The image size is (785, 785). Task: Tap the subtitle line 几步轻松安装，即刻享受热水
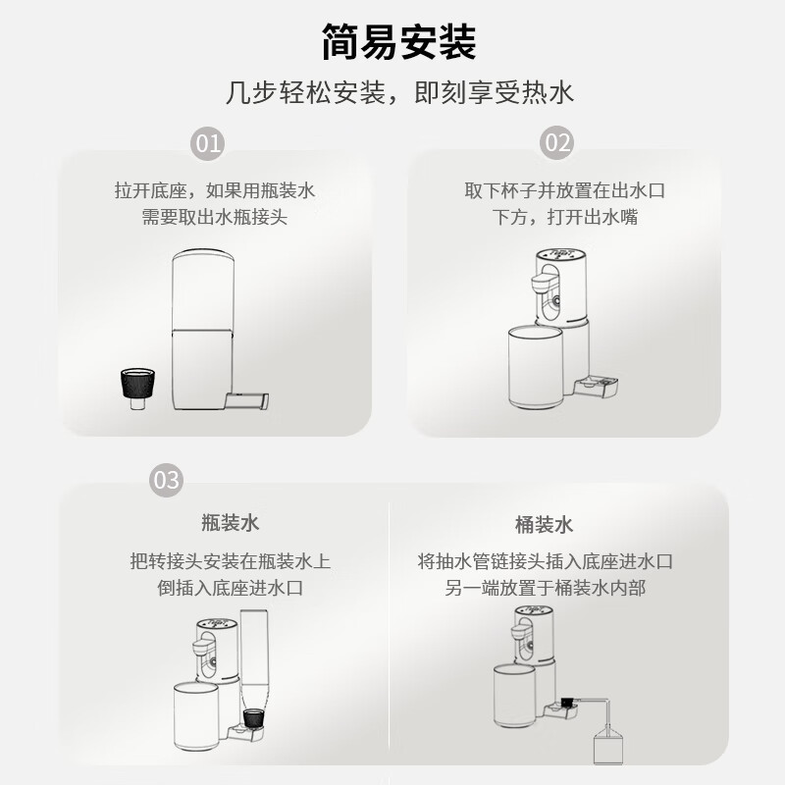pos(398,94)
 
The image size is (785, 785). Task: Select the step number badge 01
pos(209,143)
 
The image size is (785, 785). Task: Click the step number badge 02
pos(556,143)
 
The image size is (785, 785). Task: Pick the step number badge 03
pos(166,480)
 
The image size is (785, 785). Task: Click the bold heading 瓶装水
pos(231,525)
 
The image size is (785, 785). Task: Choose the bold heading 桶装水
pos(544,525)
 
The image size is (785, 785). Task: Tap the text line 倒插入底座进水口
pos(231,589)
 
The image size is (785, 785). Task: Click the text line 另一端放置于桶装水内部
pos(545,589)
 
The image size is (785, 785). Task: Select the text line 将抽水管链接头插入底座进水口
pos(545,562)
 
